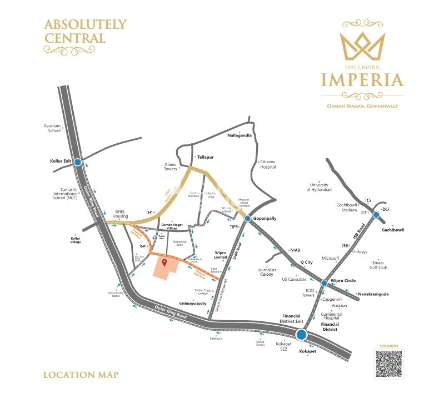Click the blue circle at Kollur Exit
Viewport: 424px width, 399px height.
78,162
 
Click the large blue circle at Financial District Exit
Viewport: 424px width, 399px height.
301,335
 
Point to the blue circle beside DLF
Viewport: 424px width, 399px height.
376,215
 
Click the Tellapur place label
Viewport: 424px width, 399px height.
206,157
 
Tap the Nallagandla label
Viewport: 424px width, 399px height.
240,135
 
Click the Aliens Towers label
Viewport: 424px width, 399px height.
170,166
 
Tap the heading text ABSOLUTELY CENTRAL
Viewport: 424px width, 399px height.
85,31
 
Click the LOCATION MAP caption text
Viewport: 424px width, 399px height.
81,375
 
